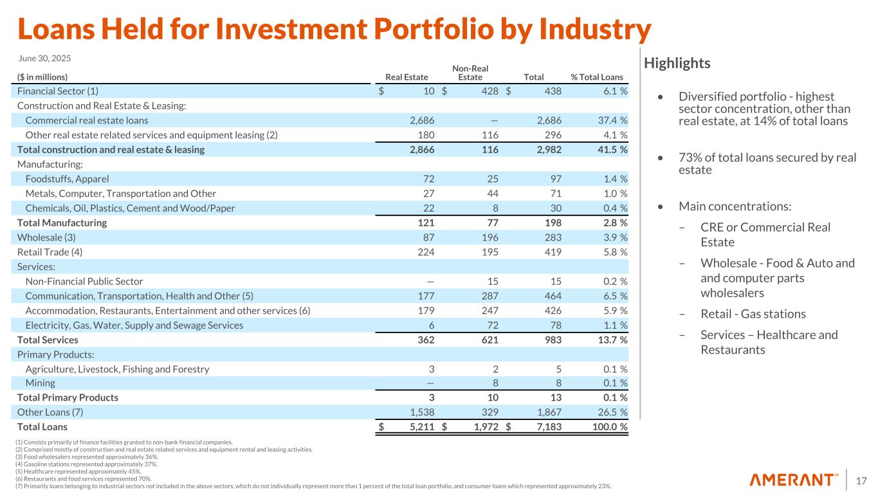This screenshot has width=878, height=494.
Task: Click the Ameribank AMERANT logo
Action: pyautogui.click(x=794, y=480)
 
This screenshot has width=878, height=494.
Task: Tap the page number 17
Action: pyautogui.click(x=861, y=480)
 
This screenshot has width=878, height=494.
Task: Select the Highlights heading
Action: pyautogui.click(x=677, y=63)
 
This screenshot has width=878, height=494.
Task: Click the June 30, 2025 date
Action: pyautogui.click(x=44, y=58)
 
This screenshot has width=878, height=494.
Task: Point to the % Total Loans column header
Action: pyautogui.click(x=597, y=77)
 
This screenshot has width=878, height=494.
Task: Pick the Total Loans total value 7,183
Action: pyautogui.click(x=547, y=426)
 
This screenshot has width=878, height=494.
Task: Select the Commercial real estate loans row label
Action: pyautogui.click(x=87, y=120)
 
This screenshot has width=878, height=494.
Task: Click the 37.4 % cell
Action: pyautogui.click(x=610, y=120)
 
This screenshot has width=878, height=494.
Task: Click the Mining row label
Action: pyautogui.click(x=40, y=383)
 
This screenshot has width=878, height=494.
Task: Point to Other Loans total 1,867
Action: pyautogui.click(x=547, y=412)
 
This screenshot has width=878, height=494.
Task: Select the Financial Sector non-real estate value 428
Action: pyautogui.click(x=489, y=91)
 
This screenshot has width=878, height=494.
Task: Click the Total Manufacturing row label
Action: pyautogui.click(x=62, y=223)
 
